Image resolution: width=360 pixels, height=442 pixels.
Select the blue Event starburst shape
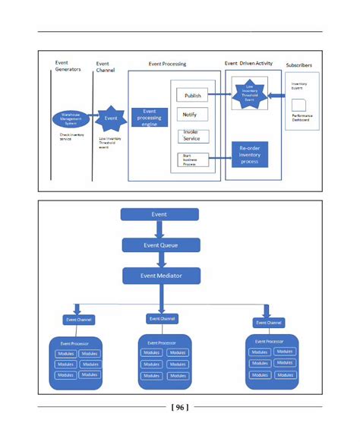112,118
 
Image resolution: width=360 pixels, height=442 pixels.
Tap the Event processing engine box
150,117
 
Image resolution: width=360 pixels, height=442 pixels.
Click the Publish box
192,96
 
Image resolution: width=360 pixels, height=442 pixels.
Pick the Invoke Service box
191,135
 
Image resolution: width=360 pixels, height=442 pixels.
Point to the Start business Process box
191,160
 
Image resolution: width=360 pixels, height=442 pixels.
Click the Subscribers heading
298,65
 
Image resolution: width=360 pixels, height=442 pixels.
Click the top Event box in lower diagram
159,214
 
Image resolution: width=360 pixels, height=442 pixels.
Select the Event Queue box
161,245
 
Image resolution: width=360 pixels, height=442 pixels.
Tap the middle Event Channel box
162,318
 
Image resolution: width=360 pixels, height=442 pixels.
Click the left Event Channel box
78,320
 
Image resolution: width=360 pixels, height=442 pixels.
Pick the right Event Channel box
268,323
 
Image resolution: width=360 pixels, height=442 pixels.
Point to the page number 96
180,407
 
